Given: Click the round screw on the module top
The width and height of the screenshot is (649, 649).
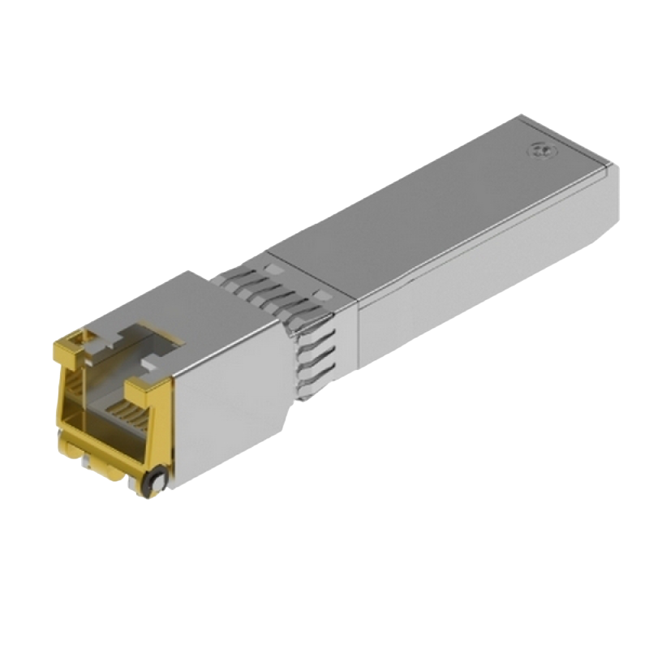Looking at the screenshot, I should [x=536, y=149].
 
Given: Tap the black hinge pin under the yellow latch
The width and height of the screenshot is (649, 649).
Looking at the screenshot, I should [x=152, y=483].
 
